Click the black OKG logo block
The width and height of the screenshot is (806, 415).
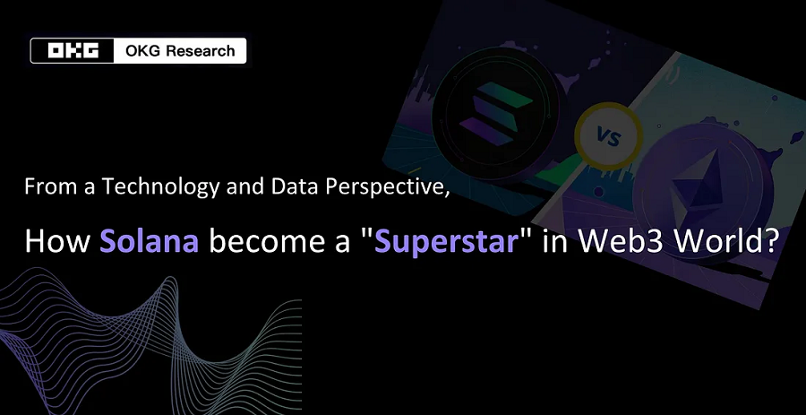73,51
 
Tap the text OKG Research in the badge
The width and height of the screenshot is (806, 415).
180,51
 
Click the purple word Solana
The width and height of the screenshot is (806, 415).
149,241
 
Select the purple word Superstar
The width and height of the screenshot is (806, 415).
446,242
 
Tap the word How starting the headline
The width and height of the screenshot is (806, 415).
57,241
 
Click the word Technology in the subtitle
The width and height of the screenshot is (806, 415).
160,186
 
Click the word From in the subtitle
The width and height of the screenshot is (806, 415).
49,187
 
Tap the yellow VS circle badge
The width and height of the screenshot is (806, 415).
609,137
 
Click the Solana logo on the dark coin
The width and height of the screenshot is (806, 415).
496,113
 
